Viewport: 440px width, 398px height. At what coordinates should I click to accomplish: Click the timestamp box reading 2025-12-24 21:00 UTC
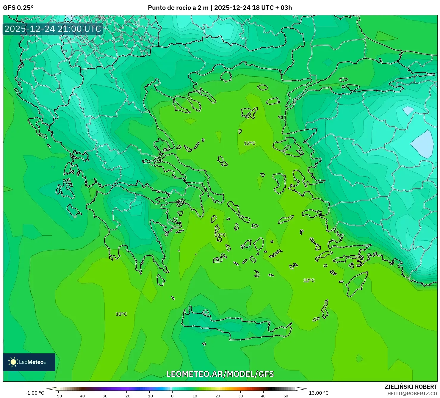coord(53,29)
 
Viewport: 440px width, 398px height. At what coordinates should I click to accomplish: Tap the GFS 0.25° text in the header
coord(18,8)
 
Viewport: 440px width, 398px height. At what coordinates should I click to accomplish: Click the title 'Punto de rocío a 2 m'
coord(178,8)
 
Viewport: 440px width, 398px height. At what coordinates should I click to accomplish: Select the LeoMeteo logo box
coord(29,362)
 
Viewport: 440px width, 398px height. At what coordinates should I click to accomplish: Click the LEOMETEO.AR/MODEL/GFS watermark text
coord(220,374)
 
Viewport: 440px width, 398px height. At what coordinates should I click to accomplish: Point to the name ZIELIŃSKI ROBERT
coord(411,387)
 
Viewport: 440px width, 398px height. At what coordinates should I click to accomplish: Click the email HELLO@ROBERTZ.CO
coord(412,394)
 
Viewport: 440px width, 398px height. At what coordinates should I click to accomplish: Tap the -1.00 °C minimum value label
coord(35,393)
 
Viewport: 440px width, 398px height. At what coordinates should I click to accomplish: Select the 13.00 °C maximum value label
coord(319,393)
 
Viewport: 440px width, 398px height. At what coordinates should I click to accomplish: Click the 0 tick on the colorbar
coord(172,396)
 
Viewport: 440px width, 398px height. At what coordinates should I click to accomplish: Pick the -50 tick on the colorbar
coord(58,396)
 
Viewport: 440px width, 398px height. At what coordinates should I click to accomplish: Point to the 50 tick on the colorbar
coord(286,396)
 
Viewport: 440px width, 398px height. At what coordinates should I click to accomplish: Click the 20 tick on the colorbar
coord(218,396)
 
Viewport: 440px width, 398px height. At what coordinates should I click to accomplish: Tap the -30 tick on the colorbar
coord(104,396)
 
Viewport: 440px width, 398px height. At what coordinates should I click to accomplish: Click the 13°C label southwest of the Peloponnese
coord(121,314)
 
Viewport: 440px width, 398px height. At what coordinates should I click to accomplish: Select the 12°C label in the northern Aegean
coord(250,143)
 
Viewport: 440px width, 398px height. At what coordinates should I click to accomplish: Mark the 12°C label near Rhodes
coord(309,281)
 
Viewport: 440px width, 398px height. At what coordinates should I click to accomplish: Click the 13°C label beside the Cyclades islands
coord(220,235)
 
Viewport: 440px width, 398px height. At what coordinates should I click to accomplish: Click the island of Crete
coord(235,326)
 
